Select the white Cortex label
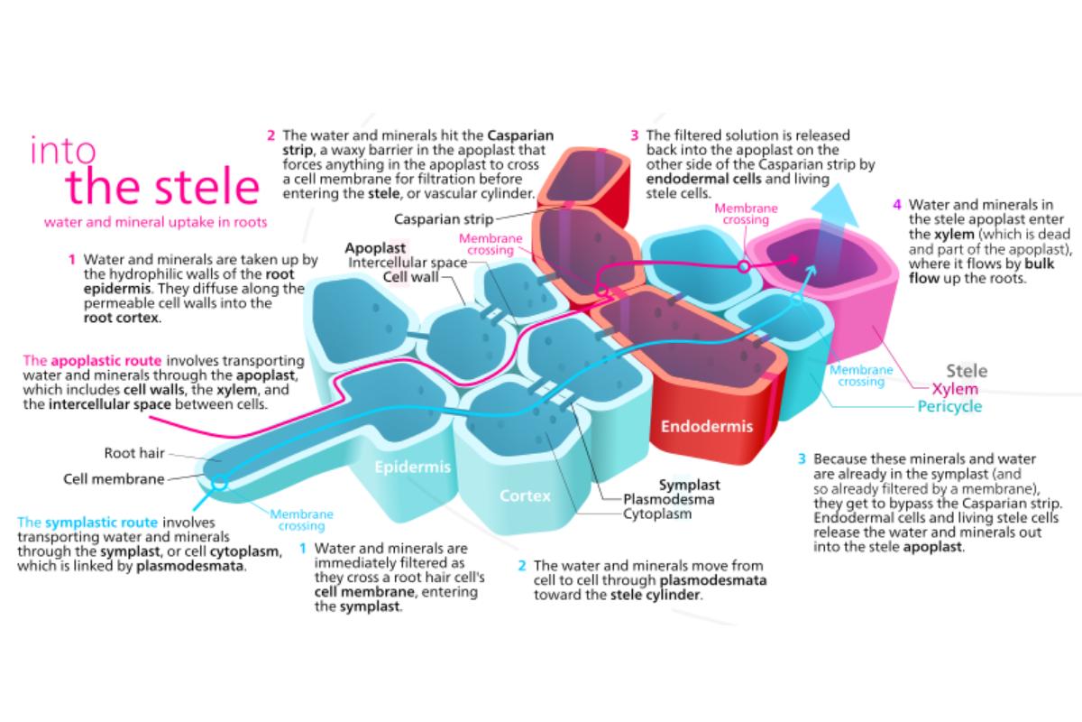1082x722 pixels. pos(525,496)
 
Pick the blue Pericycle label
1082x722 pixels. pos(949,407)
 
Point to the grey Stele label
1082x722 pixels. pos(966,371)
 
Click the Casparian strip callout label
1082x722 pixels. pos(443,218)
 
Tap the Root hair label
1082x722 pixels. pos(134,454)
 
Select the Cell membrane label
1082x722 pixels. pos(114,479)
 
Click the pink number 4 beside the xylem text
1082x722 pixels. pos(896,204)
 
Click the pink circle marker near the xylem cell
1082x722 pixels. pos(744,267)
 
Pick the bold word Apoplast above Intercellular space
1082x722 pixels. pos(377,247)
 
